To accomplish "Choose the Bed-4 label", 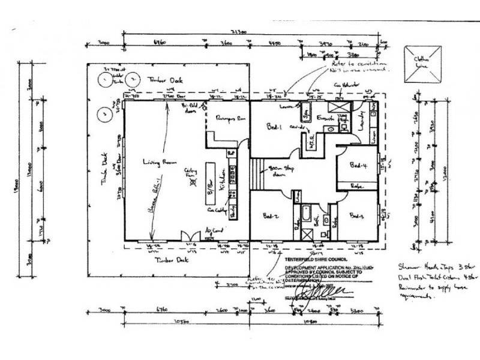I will pyautogui.click(x=359, y=166).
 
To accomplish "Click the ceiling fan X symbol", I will pyautogui.click(x=193, y=185).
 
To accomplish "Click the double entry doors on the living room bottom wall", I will pyautogui.click(x=189, y=236).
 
